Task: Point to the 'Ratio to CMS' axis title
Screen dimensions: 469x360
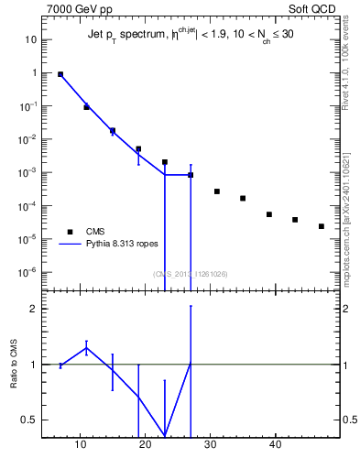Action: click(15, 364)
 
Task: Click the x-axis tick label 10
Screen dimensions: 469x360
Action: click(81, 446)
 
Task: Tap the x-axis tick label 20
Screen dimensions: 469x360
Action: click(146, 446)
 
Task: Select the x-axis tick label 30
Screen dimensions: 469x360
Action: click(211, 446)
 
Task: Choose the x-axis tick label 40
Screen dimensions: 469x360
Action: click(276, 446)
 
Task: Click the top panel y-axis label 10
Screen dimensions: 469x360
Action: click(31, 40)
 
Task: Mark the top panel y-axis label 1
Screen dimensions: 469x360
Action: click(34, 73)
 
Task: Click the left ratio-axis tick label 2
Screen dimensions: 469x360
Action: click(34, 309)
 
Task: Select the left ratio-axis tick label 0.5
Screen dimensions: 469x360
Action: click(29, 420)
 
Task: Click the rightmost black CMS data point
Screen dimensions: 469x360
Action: click(322, 226)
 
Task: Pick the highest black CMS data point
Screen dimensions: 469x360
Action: click(60, 74)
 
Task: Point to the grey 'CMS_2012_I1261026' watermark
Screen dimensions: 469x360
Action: click(191, 274)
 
